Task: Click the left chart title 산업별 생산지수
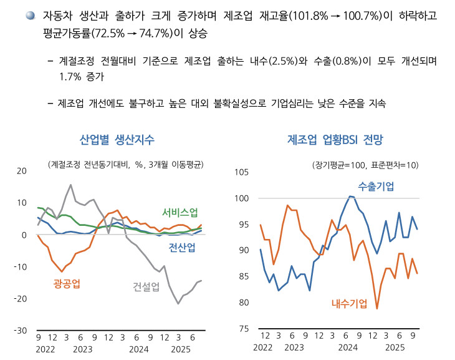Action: [117, 139]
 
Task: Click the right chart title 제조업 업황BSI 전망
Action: [336, 139]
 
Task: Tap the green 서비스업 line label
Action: [180, 212]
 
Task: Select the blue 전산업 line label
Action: [182, 248]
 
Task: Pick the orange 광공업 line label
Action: [67, 284]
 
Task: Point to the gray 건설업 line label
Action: [146, 286]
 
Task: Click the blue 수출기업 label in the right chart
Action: [376, 185]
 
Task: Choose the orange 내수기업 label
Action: [349, 303]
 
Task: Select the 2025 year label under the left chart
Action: [181, 348]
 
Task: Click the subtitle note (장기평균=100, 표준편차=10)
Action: [365, 165]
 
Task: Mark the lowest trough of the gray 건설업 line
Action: [178, 304]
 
